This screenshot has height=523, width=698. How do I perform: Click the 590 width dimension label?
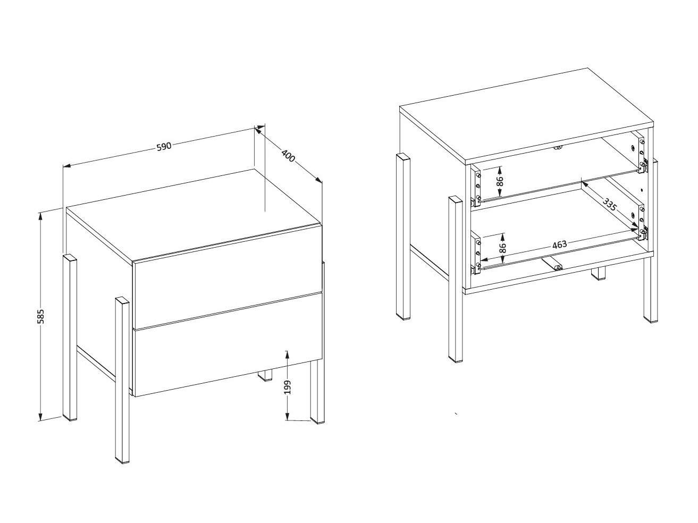(164, 147)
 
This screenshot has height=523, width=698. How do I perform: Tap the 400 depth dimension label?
(288, 155)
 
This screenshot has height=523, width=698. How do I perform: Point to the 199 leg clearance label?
(287, 387)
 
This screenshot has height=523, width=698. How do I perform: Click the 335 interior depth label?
(610, 205)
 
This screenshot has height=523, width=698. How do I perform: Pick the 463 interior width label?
(559, 244)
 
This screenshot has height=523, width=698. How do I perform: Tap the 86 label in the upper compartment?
(500, 181)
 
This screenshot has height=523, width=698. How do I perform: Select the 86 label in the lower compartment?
(502, 248)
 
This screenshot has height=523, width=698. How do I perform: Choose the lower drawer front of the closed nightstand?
(228, 345)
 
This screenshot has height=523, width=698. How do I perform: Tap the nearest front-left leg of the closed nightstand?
(122, 380)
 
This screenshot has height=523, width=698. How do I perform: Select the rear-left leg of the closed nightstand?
(70, 338)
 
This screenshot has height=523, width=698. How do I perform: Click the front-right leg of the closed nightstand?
(317, 392)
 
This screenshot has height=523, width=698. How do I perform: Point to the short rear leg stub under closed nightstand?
(265, 375)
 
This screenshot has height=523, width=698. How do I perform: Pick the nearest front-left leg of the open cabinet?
(456, 280)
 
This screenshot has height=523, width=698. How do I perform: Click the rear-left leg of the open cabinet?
(403, 237)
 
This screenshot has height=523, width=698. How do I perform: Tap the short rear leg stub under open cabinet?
(598, 274)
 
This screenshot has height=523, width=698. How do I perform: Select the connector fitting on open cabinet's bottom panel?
(552, 264)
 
